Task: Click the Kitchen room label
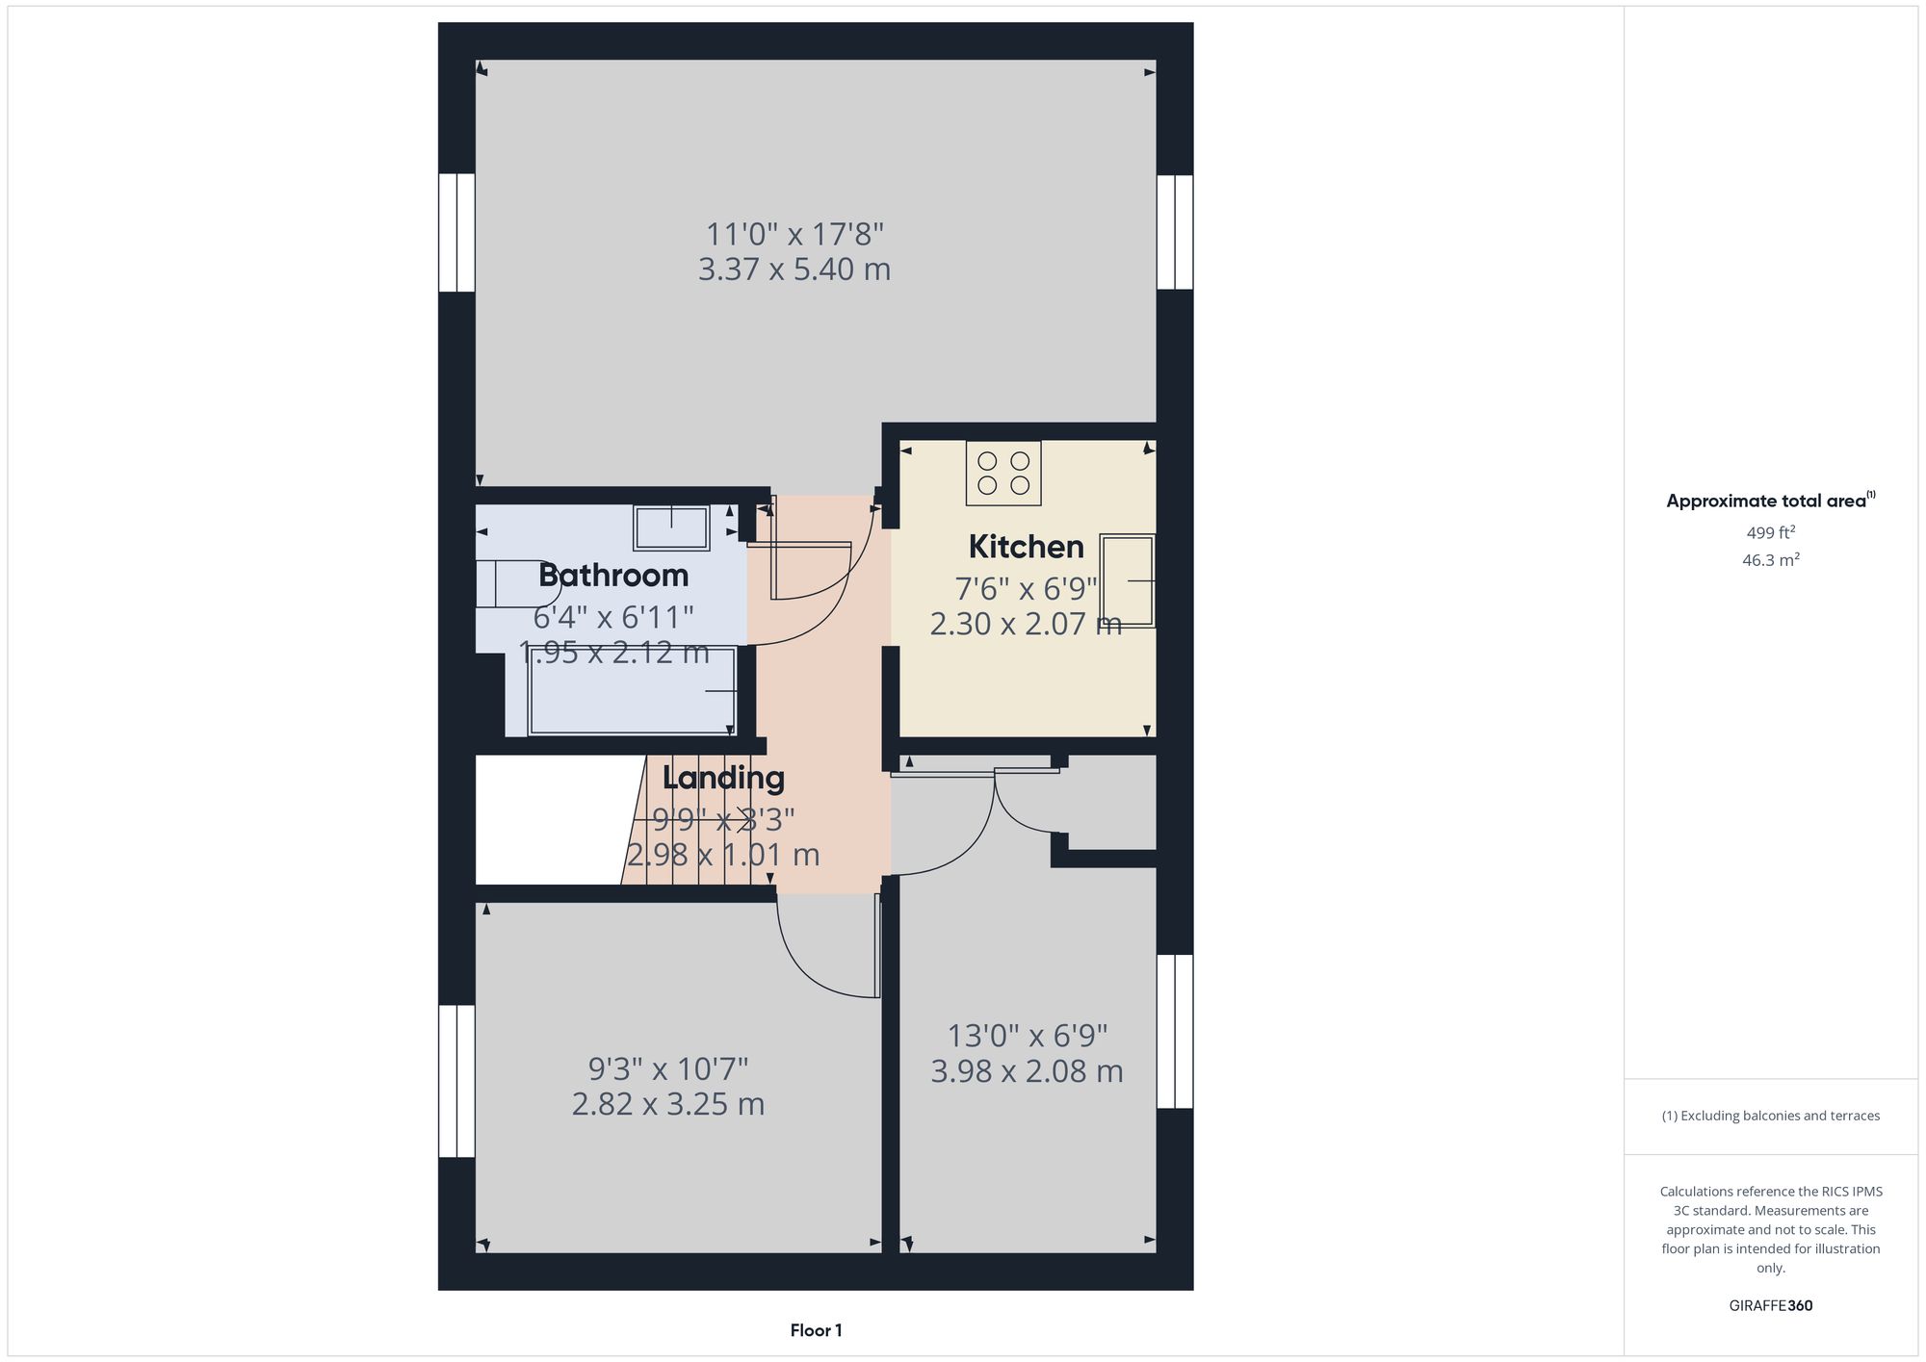[1026, 547]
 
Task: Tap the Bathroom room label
[613, 576]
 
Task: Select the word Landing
[723, 778]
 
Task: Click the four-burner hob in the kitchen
[1003, 473]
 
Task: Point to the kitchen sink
[1128, 581]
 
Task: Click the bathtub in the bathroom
[632, 691]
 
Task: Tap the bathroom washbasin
[671, 527]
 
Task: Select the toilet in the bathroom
[507, 583]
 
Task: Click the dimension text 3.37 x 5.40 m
[794, 270]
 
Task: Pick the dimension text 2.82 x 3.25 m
[668, 1104]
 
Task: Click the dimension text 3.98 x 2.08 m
[1027, 1071]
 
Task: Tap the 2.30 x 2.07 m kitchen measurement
[1026, 625]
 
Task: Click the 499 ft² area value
[1770, 532]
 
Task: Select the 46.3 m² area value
[1770, 560]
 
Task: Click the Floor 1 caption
[816, 1330]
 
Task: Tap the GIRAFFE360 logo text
[1770, 1306]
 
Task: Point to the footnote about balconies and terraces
[1770, 1116]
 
